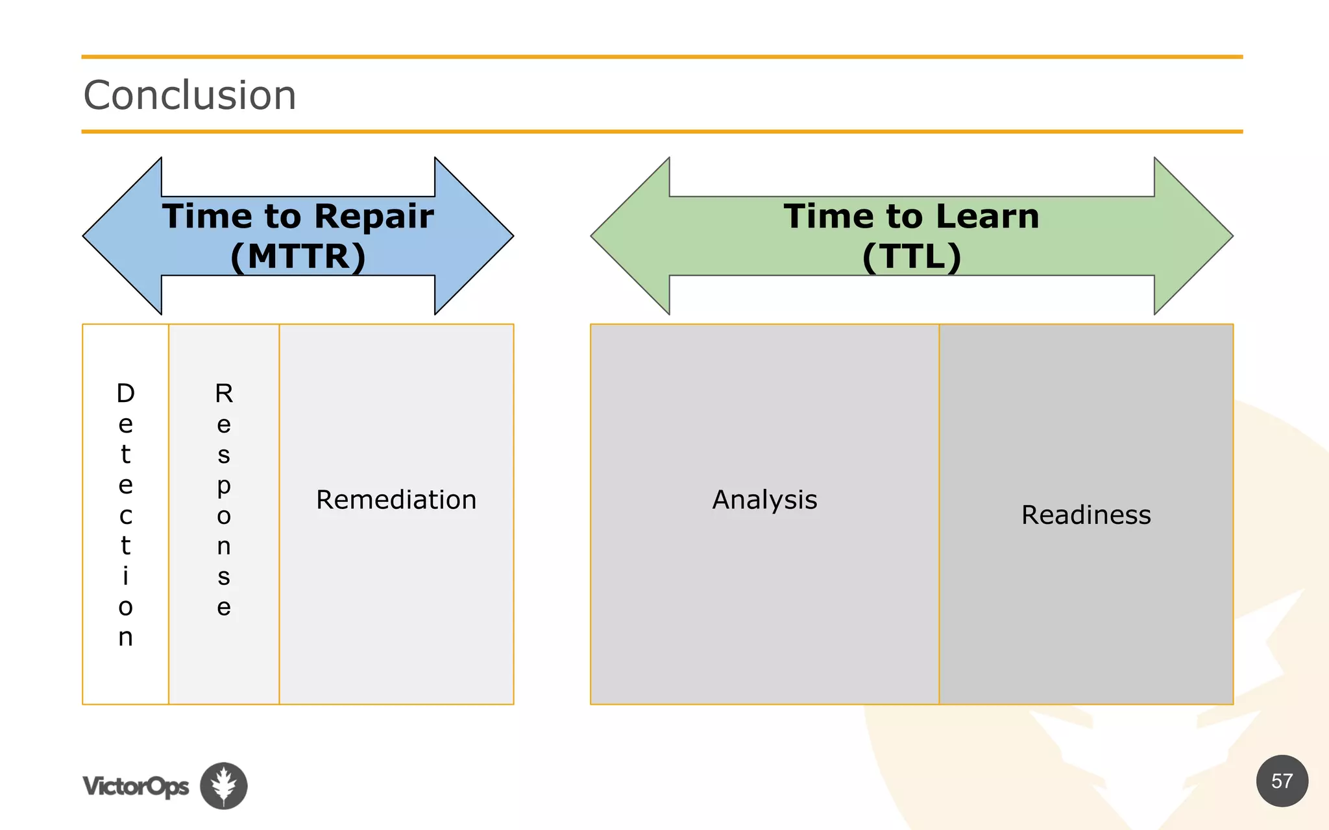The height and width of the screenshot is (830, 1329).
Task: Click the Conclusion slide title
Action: pos(189,95)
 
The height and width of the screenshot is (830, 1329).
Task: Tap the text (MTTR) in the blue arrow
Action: pos(298,256)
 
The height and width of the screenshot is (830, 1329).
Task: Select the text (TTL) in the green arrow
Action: pos(911,256)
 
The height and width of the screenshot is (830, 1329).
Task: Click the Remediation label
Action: pos(396,500)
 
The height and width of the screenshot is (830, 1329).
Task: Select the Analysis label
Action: pos(764,500)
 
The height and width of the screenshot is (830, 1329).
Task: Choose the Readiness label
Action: pos(1086,515)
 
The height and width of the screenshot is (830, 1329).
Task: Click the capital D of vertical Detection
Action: pos(125,394)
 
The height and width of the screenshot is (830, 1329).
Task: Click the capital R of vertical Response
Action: pos(224,394)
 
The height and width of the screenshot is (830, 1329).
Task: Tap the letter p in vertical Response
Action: pos(224,486)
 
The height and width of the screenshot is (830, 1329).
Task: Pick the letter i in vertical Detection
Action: pos(125,576)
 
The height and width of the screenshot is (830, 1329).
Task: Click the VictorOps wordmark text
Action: pos(136,786)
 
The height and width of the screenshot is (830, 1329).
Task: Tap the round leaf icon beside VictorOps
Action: pos(224,785)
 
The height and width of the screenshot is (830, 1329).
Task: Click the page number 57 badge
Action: pos(1282,781)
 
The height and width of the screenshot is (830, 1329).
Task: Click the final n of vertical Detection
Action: pos(125,637)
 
